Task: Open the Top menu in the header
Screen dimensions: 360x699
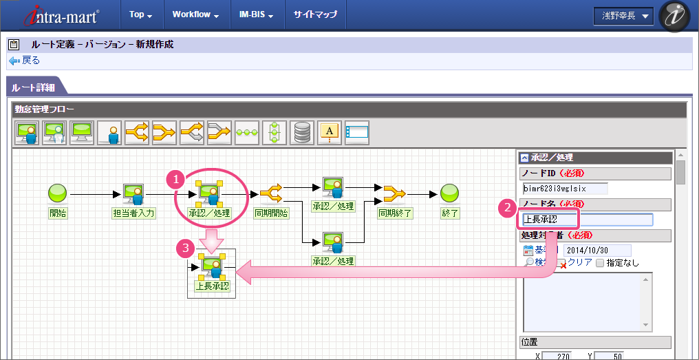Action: coord(140,14)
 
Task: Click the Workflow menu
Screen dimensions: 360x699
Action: coord(195,14)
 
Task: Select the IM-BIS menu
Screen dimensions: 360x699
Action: coord(256,14)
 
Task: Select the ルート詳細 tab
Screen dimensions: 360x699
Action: coord(34,87)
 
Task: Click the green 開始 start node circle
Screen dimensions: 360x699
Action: coord(58,193)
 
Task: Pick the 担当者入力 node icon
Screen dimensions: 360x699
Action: coord(133,194)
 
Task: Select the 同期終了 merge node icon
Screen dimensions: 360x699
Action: coord(394,193)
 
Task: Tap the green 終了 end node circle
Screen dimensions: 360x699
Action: coord(449,193)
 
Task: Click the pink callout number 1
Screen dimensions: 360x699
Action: coord(177,179)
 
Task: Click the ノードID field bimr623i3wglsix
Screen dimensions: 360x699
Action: coord(565,189)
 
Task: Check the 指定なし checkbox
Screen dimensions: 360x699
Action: coord(600,263)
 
